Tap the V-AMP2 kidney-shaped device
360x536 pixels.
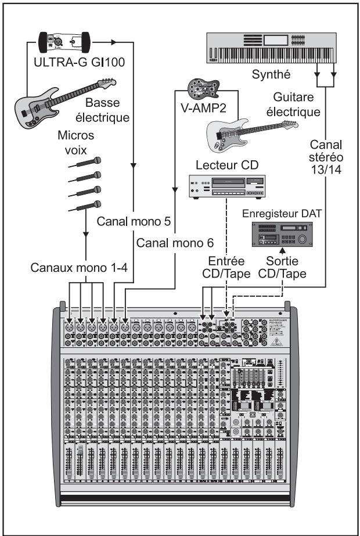pyautogui.click(x=199, y=89)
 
